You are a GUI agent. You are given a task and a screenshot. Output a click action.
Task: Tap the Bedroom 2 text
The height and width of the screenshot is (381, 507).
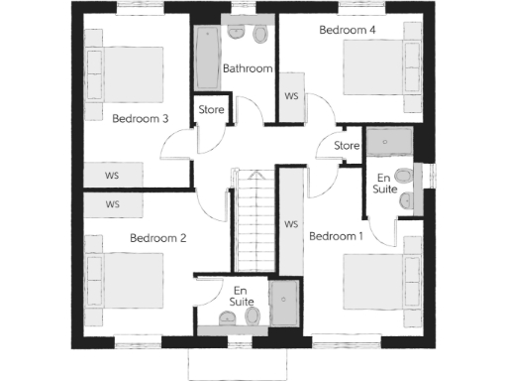pyautogui.click(x=158, y=238)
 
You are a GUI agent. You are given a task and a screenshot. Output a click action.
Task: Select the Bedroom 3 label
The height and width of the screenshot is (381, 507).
pyautogui.click(x=140, y=119)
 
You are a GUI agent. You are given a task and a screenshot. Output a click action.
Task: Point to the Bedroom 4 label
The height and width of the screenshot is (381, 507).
pyautogui.click(x=348, y=31)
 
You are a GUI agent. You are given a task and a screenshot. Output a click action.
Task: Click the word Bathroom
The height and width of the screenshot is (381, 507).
pyautogui.click(x=247, y=68)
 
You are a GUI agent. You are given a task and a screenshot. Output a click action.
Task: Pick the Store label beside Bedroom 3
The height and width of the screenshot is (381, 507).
pyautogui.click(x=212, y=109)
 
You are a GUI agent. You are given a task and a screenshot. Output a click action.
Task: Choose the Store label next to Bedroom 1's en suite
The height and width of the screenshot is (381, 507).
pyautogui.click(x=347, y=146)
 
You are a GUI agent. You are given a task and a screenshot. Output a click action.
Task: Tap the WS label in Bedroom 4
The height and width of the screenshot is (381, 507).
pyautogui.click(x=291, y=97)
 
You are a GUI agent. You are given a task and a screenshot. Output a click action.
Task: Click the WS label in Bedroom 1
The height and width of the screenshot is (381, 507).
pyautogui.click(x=291, y=224)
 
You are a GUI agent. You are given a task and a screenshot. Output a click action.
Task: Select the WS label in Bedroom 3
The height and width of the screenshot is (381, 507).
pyautogui.click(x=113, y=175)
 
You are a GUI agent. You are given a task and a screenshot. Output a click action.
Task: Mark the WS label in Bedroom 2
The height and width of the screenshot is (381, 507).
pyautogui.click(x=113, y=204)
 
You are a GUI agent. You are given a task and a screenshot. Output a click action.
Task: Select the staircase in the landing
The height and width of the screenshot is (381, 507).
pyautogui.click(x=253, y=218)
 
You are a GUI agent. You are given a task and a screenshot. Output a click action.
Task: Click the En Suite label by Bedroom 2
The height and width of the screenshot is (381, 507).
pyautogui.click(x=241, y=295)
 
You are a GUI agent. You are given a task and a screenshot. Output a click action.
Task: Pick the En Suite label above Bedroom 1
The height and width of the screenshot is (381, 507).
pyautogui.click(x=383, y=183)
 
